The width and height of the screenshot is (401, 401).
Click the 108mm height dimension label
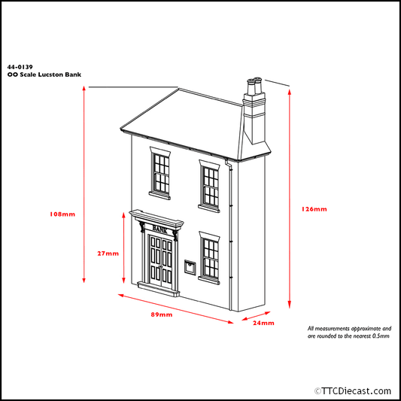tap(62, 214)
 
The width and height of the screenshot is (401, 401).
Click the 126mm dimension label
tap(314, 208)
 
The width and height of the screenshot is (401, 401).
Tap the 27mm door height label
tap(108, 253)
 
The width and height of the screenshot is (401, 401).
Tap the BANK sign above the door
tap(159, 227)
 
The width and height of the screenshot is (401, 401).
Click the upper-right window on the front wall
tap(210, 184)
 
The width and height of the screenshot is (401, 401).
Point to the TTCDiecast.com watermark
tap(351, 390)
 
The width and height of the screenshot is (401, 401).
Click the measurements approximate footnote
tap(349, 332)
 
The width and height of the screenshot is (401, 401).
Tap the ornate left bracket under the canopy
tap(143, 229)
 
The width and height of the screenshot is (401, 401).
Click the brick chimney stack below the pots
tap(254, 117)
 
